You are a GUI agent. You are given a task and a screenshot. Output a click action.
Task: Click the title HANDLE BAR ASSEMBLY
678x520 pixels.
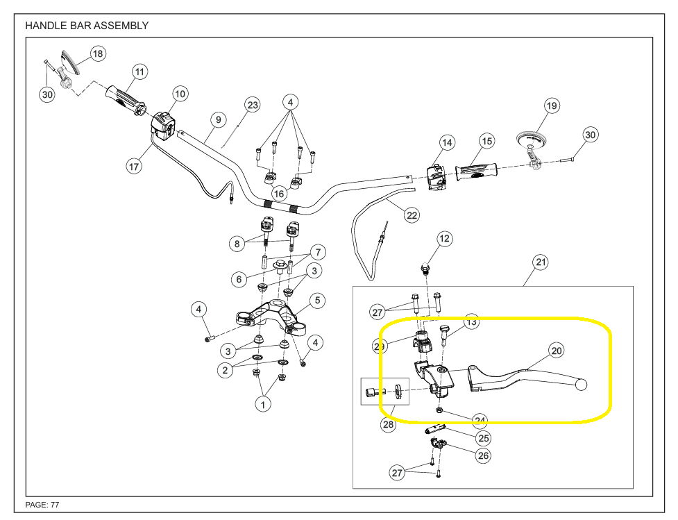point(87,26)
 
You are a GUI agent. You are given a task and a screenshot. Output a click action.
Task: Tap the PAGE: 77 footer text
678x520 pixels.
point(47,505)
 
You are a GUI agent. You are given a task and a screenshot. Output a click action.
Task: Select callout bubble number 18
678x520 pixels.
point(97,53)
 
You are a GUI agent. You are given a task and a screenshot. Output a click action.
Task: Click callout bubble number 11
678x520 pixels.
point(140,72)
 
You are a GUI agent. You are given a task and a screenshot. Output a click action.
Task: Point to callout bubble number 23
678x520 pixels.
point(252,105)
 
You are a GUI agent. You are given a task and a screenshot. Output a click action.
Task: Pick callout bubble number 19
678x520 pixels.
point(552,106)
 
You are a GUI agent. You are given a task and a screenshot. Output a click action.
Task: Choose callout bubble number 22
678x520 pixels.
point(412,215)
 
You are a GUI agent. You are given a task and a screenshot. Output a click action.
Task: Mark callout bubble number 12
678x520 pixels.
point(444,239)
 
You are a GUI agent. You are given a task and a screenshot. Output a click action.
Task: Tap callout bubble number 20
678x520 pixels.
point(557,351)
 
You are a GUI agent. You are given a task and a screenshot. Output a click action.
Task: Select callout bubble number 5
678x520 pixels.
point(316,301)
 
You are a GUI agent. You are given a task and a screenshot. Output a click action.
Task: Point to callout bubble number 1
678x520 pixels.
point(263,403)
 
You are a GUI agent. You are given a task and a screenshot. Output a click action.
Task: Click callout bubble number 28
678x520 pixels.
point(389,424)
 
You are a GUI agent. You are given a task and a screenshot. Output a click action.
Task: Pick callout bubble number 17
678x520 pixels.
point(134,167)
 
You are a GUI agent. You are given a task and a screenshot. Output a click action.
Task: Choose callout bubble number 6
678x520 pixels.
point(239,278)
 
